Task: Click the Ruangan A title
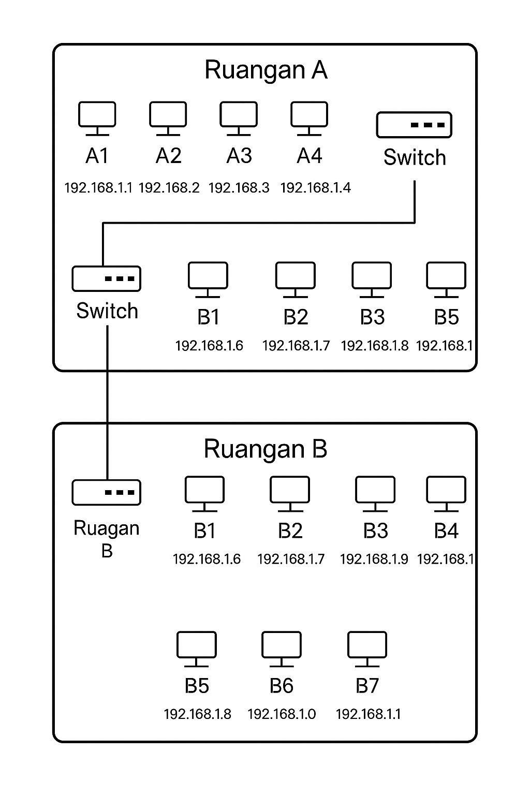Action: pyautogui.click(x=266, y=70)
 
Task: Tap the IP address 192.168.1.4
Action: pyautogui.click(x=315, y=187)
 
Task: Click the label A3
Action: pyautogui.click(x=239, y=155)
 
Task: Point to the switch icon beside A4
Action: pyautogui.click(x=414, y=125)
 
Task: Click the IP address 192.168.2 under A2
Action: pyautogui.click(x=169, y=187)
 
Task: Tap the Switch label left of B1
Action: pyautogui.click(x=107, y=311)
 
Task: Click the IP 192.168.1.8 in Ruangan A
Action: pyautogui.click(x=374, y=346)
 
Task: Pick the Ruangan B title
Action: pyautogui.click(x=266, y=449)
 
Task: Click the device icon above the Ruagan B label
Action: pyautogui.click(x=106, y=492)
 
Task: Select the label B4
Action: pyautogui.click(x=446, y=531)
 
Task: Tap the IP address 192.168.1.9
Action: pyautogui.click(x=374, y=559)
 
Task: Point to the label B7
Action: pyautogui.click(x=367, y=686)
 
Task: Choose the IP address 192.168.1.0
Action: pyautogui.click(x=282, y=714)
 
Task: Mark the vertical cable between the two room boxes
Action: pyautogui.click(x=107, y=397)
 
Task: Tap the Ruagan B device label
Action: pyautogui.click(x=107, y=539)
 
